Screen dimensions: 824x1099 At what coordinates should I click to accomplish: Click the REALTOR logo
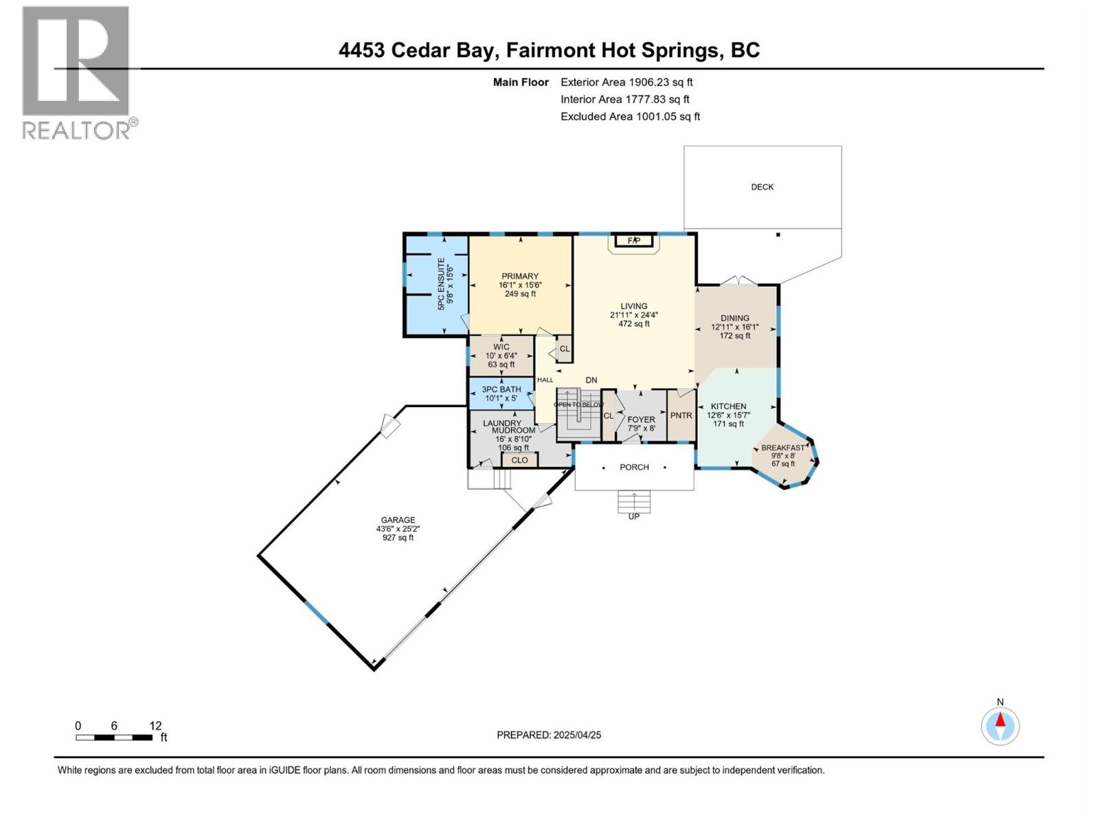click(76, 72)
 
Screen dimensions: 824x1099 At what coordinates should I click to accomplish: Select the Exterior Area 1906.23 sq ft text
click(626, 82)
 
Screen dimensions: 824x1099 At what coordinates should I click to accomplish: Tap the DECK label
click(762, 187)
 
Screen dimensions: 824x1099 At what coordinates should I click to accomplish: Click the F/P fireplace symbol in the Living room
click(633, 240)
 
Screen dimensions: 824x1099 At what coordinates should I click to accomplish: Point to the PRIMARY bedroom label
click(520, 277)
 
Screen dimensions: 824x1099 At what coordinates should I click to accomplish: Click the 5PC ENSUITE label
click(446, 284)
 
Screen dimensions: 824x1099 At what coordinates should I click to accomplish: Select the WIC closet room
click(501, 355)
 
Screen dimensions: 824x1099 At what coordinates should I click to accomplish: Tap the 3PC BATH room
click(501, 393)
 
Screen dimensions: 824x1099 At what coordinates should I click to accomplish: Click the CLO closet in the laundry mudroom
click(519, 460)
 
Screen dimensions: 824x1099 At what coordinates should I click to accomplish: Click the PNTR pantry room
click(681, 415)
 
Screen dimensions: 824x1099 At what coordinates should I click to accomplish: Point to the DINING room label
click(734, 318)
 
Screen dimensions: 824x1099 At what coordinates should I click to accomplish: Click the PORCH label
click(634, 467)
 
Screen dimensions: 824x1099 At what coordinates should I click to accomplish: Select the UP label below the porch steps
click(633, 516)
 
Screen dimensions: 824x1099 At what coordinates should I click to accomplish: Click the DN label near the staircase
click(591, 380)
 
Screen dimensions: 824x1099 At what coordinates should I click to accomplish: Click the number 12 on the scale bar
click(155, 726)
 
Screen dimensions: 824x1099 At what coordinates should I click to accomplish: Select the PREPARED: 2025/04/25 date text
click(549, 735)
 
